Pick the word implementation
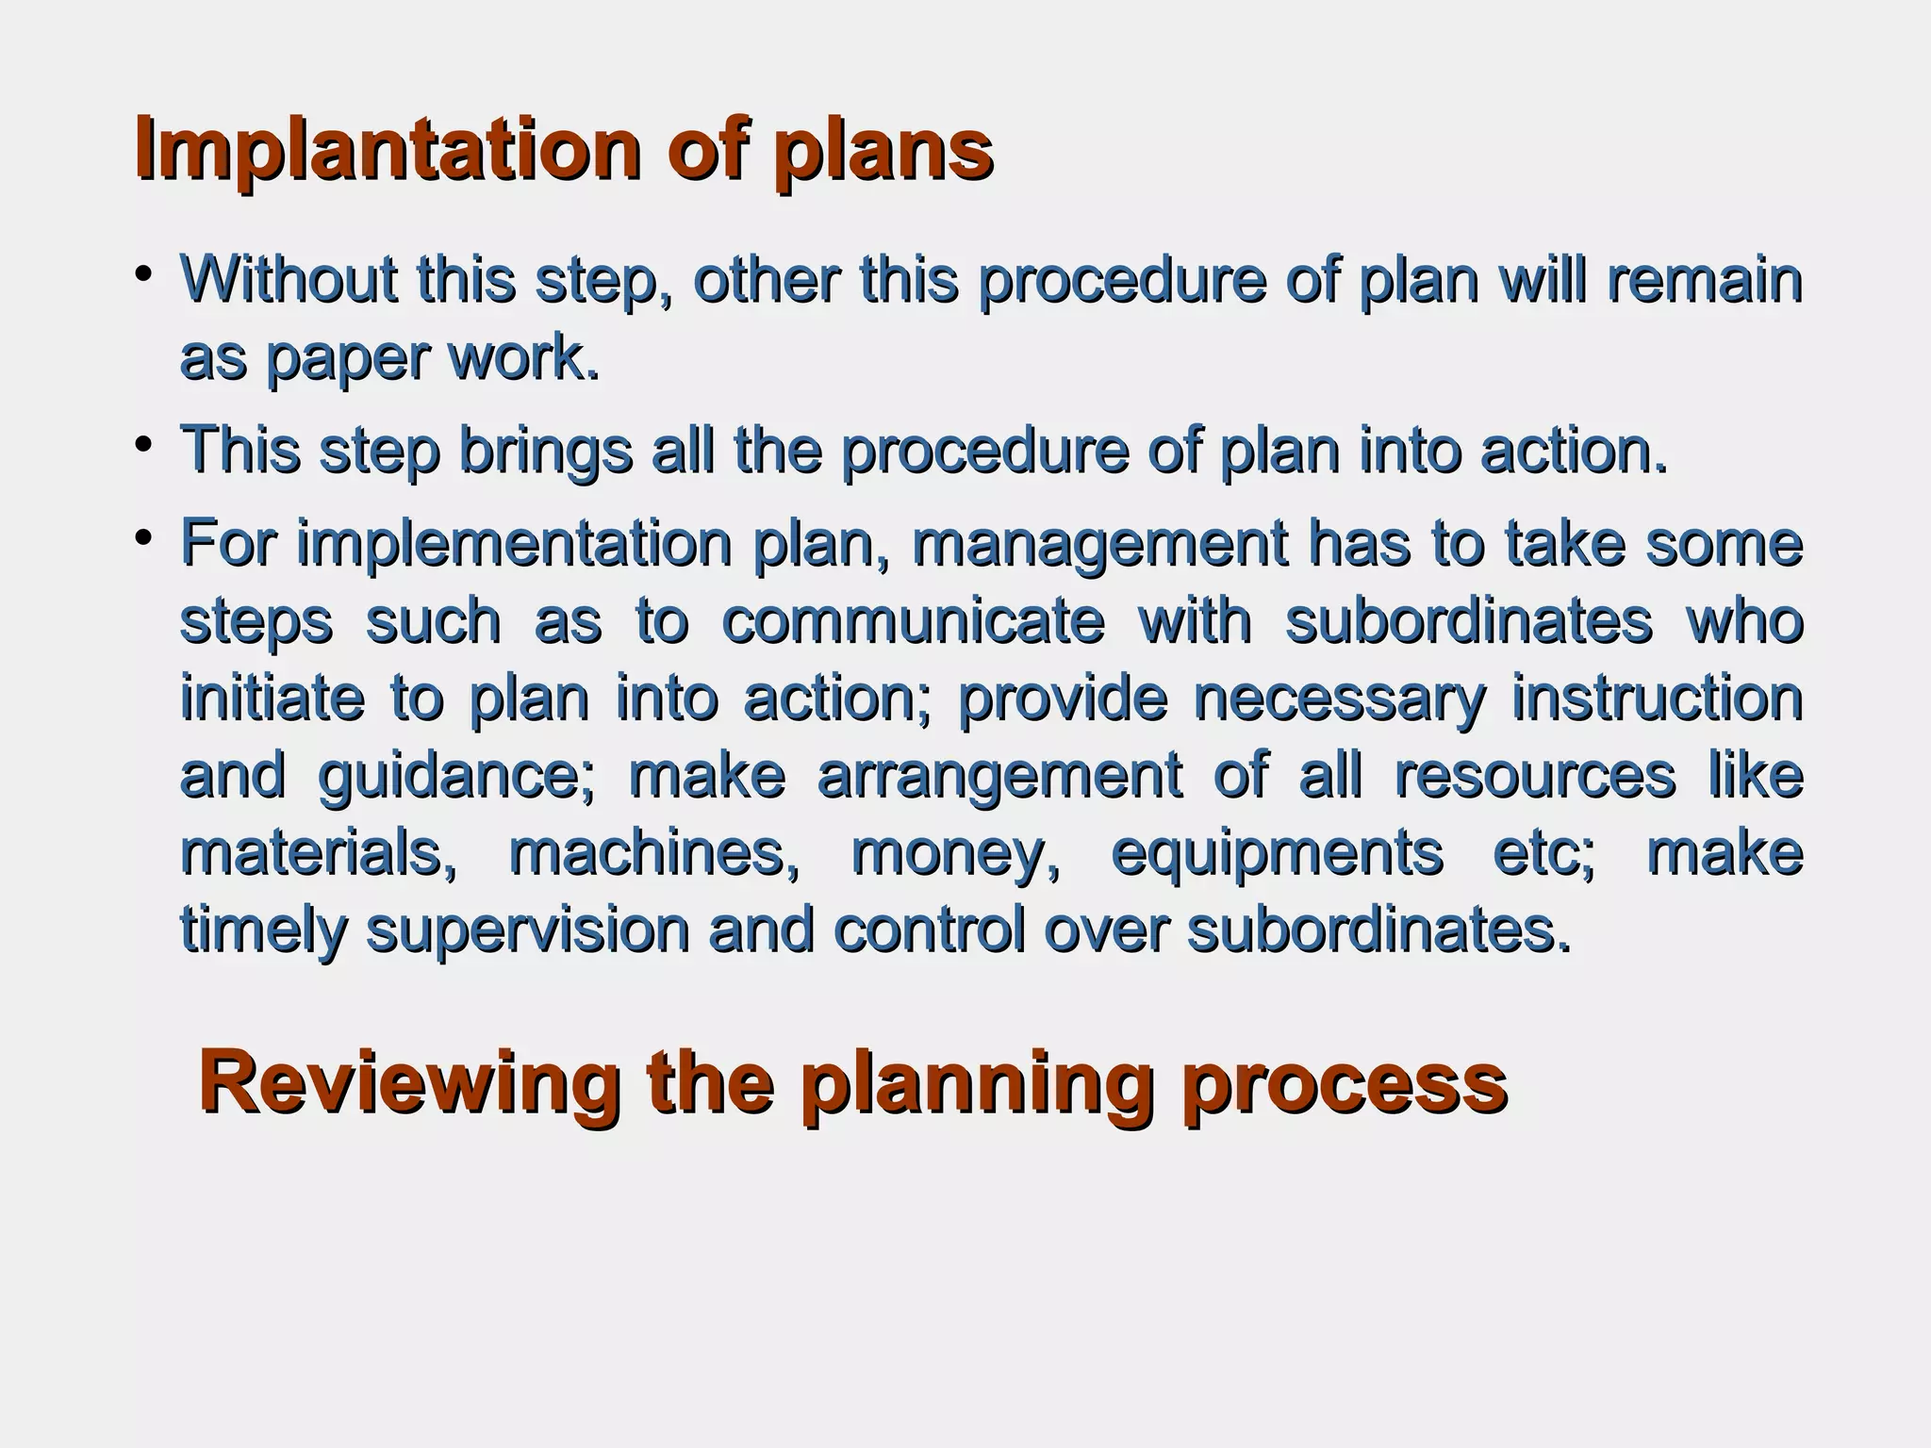514,544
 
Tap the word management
1099,544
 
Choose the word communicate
913,621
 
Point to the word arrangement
999,776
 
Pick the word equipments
1278,853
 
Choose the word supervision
528,930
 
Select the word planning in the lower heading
978,1084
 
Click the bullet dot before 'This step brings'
143,444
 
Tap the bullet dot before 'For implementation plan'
143,537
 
